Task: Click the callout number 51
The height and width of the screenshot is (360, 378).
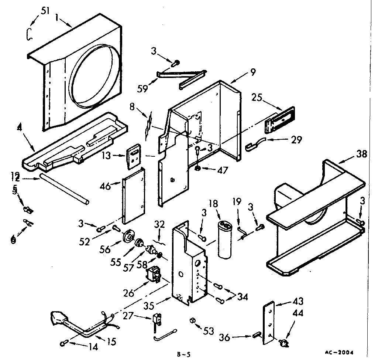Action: [45, 11]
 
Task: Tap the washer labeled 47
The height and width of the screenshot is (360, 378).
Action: [198, 169]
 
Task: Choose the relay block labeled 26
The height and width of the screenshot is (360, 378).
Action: [153, 275]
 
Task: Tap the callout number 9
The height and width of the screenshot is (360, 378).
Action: [253, 72]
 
